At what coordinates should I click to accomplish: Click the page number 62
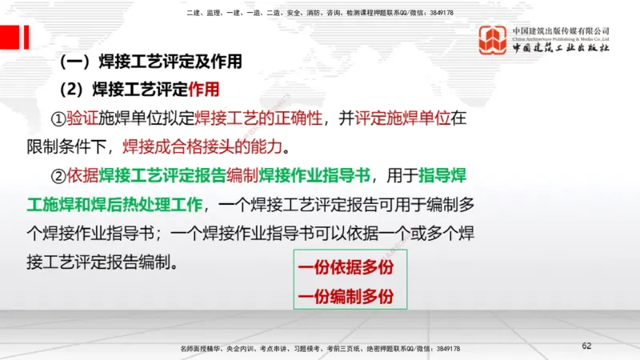point(586,346)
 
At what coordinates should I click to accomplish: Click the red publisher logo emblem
point(493,39)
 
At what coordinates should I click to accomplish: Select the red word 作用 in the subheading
point(203,89)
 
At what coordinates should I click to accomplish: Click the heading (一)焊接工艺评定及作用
point(151,61)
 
